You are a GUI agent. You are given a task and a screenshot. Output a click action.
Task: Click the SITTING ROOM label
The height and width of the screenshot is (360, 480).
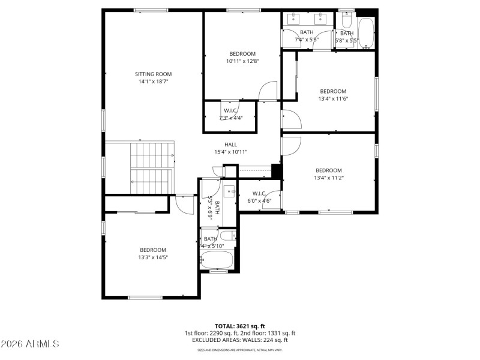(x=153, y=74)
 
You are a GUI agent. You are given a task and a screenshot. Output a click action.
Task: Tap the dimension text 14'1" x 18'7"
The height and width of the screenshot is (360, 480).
(x=153, y=82)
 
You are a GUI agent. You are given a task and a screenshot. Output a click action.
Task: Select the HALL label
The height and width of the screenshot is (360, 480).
(x=230, y=145)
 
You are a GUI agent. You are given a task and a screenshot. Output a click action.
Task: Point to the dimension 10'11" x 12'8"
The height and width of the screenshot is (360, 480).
(x=242, y=61)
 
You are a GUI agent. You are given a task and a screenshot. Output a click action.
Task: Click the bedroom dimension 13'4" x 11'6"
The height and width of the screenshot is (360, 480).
(x=333, y=99)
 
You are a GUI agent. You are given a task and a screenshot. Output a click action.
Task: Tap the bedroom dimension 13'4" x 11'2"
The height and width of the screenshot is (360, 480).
(x=329, y=178)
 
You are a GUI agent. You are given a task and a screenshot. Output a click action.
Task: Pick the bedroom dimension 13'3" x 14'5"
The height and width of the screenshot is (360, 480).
(x=153, y=257)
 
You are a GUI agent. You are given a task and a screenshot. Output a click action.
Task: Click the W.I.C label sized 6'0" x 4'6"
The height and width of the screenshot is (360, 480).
(x=259, y=193)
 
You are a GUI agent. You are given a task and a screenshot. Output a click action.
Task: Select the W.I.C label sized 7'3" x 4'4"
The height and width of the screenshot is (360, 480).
(x=230, y=111)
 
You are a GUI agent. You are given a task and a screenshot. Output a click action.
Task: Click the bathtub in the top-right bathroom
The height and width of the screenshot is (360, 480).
(x=365, y=32)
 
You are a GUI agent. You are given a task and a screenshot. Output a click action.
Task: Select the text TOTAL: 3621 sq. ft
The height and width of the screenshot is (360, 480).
(x=239, y=326)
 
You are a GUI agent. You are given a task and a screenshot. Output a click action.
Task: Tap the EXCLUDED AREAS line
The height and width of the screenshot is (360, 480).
(x=239, y=340)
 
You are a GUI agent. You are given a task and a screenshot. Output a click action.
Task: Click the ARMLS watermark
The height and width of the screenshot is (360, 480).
(x=30, y=344)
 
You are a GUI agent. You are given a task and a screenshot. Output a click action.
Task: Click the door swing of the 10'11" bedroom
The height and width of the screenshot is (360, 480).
(x=268, y=91)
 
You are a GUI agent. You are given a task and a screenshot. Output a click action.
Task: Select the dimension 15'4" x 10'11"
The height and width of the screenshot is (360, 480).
(x=230, y=152)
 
